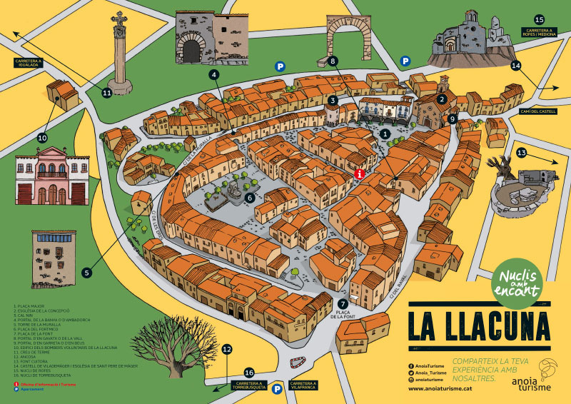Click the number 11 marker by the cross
[107, 92]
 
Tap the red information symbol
[360, 173]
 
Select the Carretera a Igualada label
[29, 63]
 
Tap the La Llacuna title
[480, 325]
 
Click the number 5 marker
[87, 272]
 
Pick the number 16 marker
[249, 373]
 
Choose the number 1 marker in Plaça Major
[385, 133]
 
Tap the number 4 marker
[213, 74]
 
